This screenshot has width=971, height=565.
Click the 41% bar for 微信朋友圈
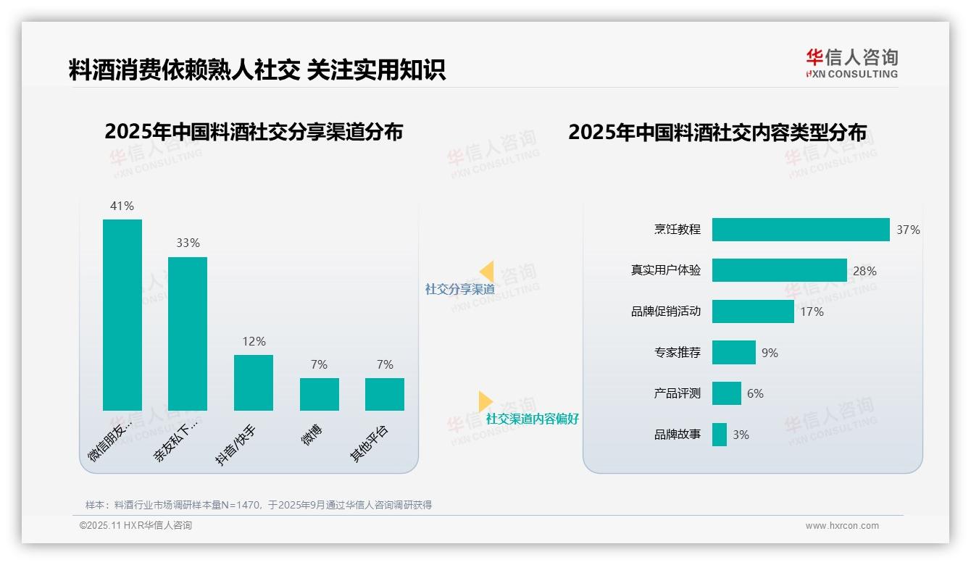[122, 314]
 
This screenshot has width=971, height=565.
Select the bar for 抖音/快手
[254, 382]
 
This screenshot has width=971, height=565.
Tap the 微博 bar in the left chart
[319, 394]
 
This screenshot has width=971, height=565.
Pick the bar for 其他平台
[385, 394]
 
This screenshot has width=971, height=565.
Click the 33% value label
[188, 243]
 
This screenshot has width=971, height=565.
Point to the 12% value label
[254, 341]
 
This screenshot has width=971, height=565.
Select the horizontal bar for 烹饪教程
[800, 230]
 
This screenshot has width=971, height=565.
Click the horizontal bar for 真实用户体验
[779, 270]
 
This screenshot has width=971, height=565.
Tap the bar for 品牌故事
[719, 435]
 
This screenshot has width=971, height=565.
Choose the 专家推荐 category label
[677, 353]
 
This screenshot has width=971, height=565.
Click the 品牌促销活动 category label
[665, 311]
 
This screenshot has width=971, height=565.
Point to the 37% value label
[908, 230]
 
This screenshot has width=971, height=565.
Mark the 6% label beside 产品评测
[755, 393]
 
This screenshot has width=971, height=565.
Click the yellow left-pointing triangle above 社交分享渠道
[486, 272]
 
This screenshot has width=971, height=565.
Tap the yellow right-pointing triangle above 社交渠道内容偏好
[485, 401]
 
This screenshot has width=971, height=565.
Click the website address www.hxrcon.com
[841, 526]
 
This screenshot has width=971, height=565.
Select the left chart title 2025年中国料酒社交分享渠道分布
[253, 132]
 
